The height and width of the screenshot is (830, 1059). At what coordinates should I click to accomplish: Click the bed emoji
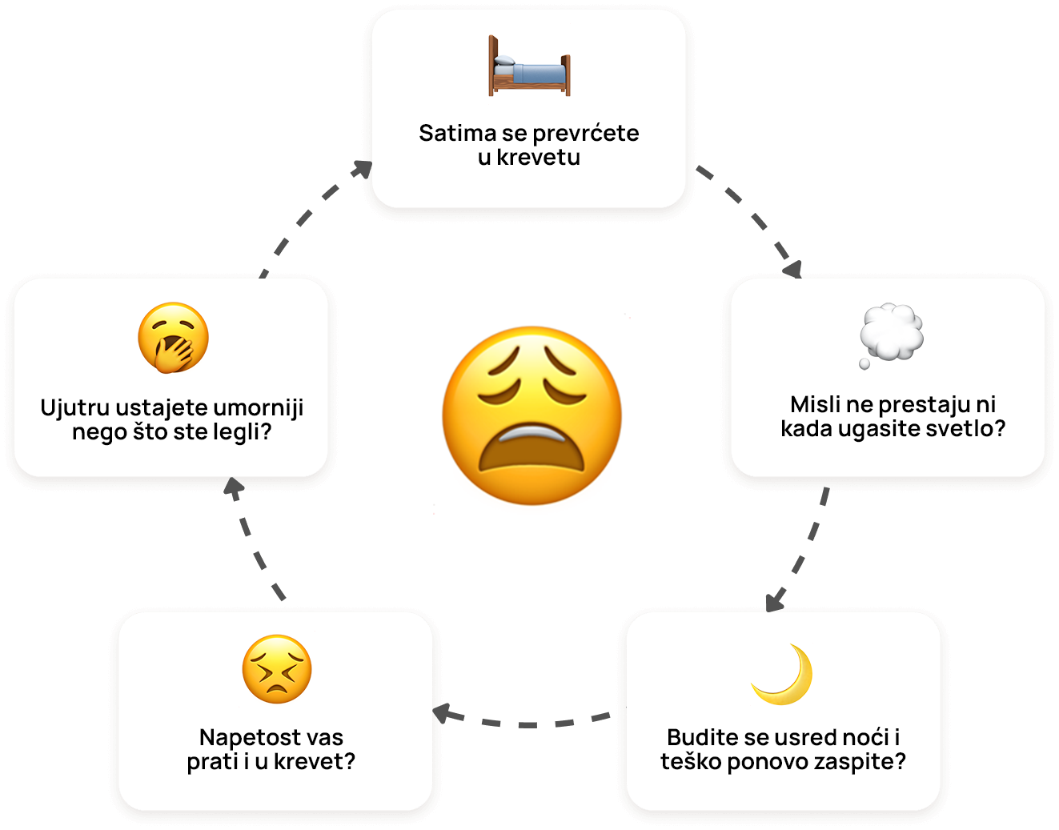pyautogui.click(x=529, y=66)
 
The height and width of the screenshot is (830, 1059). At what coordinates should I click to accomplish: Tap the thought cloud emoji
pyautogui.click(x=891, y=335)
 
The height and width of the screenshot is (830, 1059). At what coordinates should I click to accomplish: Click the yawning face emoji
pyautogui.click(x=173, y=338)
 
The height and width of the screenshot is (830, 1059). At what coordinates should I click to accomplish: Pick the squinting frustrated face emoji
pyautogui.click(x=277, y=669)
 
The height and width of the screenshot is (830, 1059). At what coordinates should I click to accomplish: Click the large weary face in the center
pyautogui.click(x=532, y=415)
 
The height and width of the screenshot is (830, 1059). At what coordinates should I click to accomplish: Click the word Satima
pyautogui.click(x=457, y=133)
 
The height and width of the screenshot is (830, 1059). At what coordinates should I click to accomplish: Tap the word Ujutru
pyautogui.click(x=75, y=408)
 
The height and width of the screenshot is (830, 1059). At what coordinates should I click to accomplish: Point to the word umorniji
pyautogui.click(x=259, y=408)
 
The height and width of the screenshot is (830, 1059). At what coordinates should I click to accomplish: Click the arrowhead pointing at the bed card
pyautogui.click(x=363, y=169)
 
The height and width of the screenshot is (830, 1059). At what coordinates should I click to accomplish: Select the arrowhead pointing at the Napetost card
pyautogui.click(x=443, y=713)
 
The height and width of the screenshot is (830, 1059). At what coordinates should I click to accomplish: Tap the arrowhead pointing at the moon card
pyautogui.click(x=775, y=600)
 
